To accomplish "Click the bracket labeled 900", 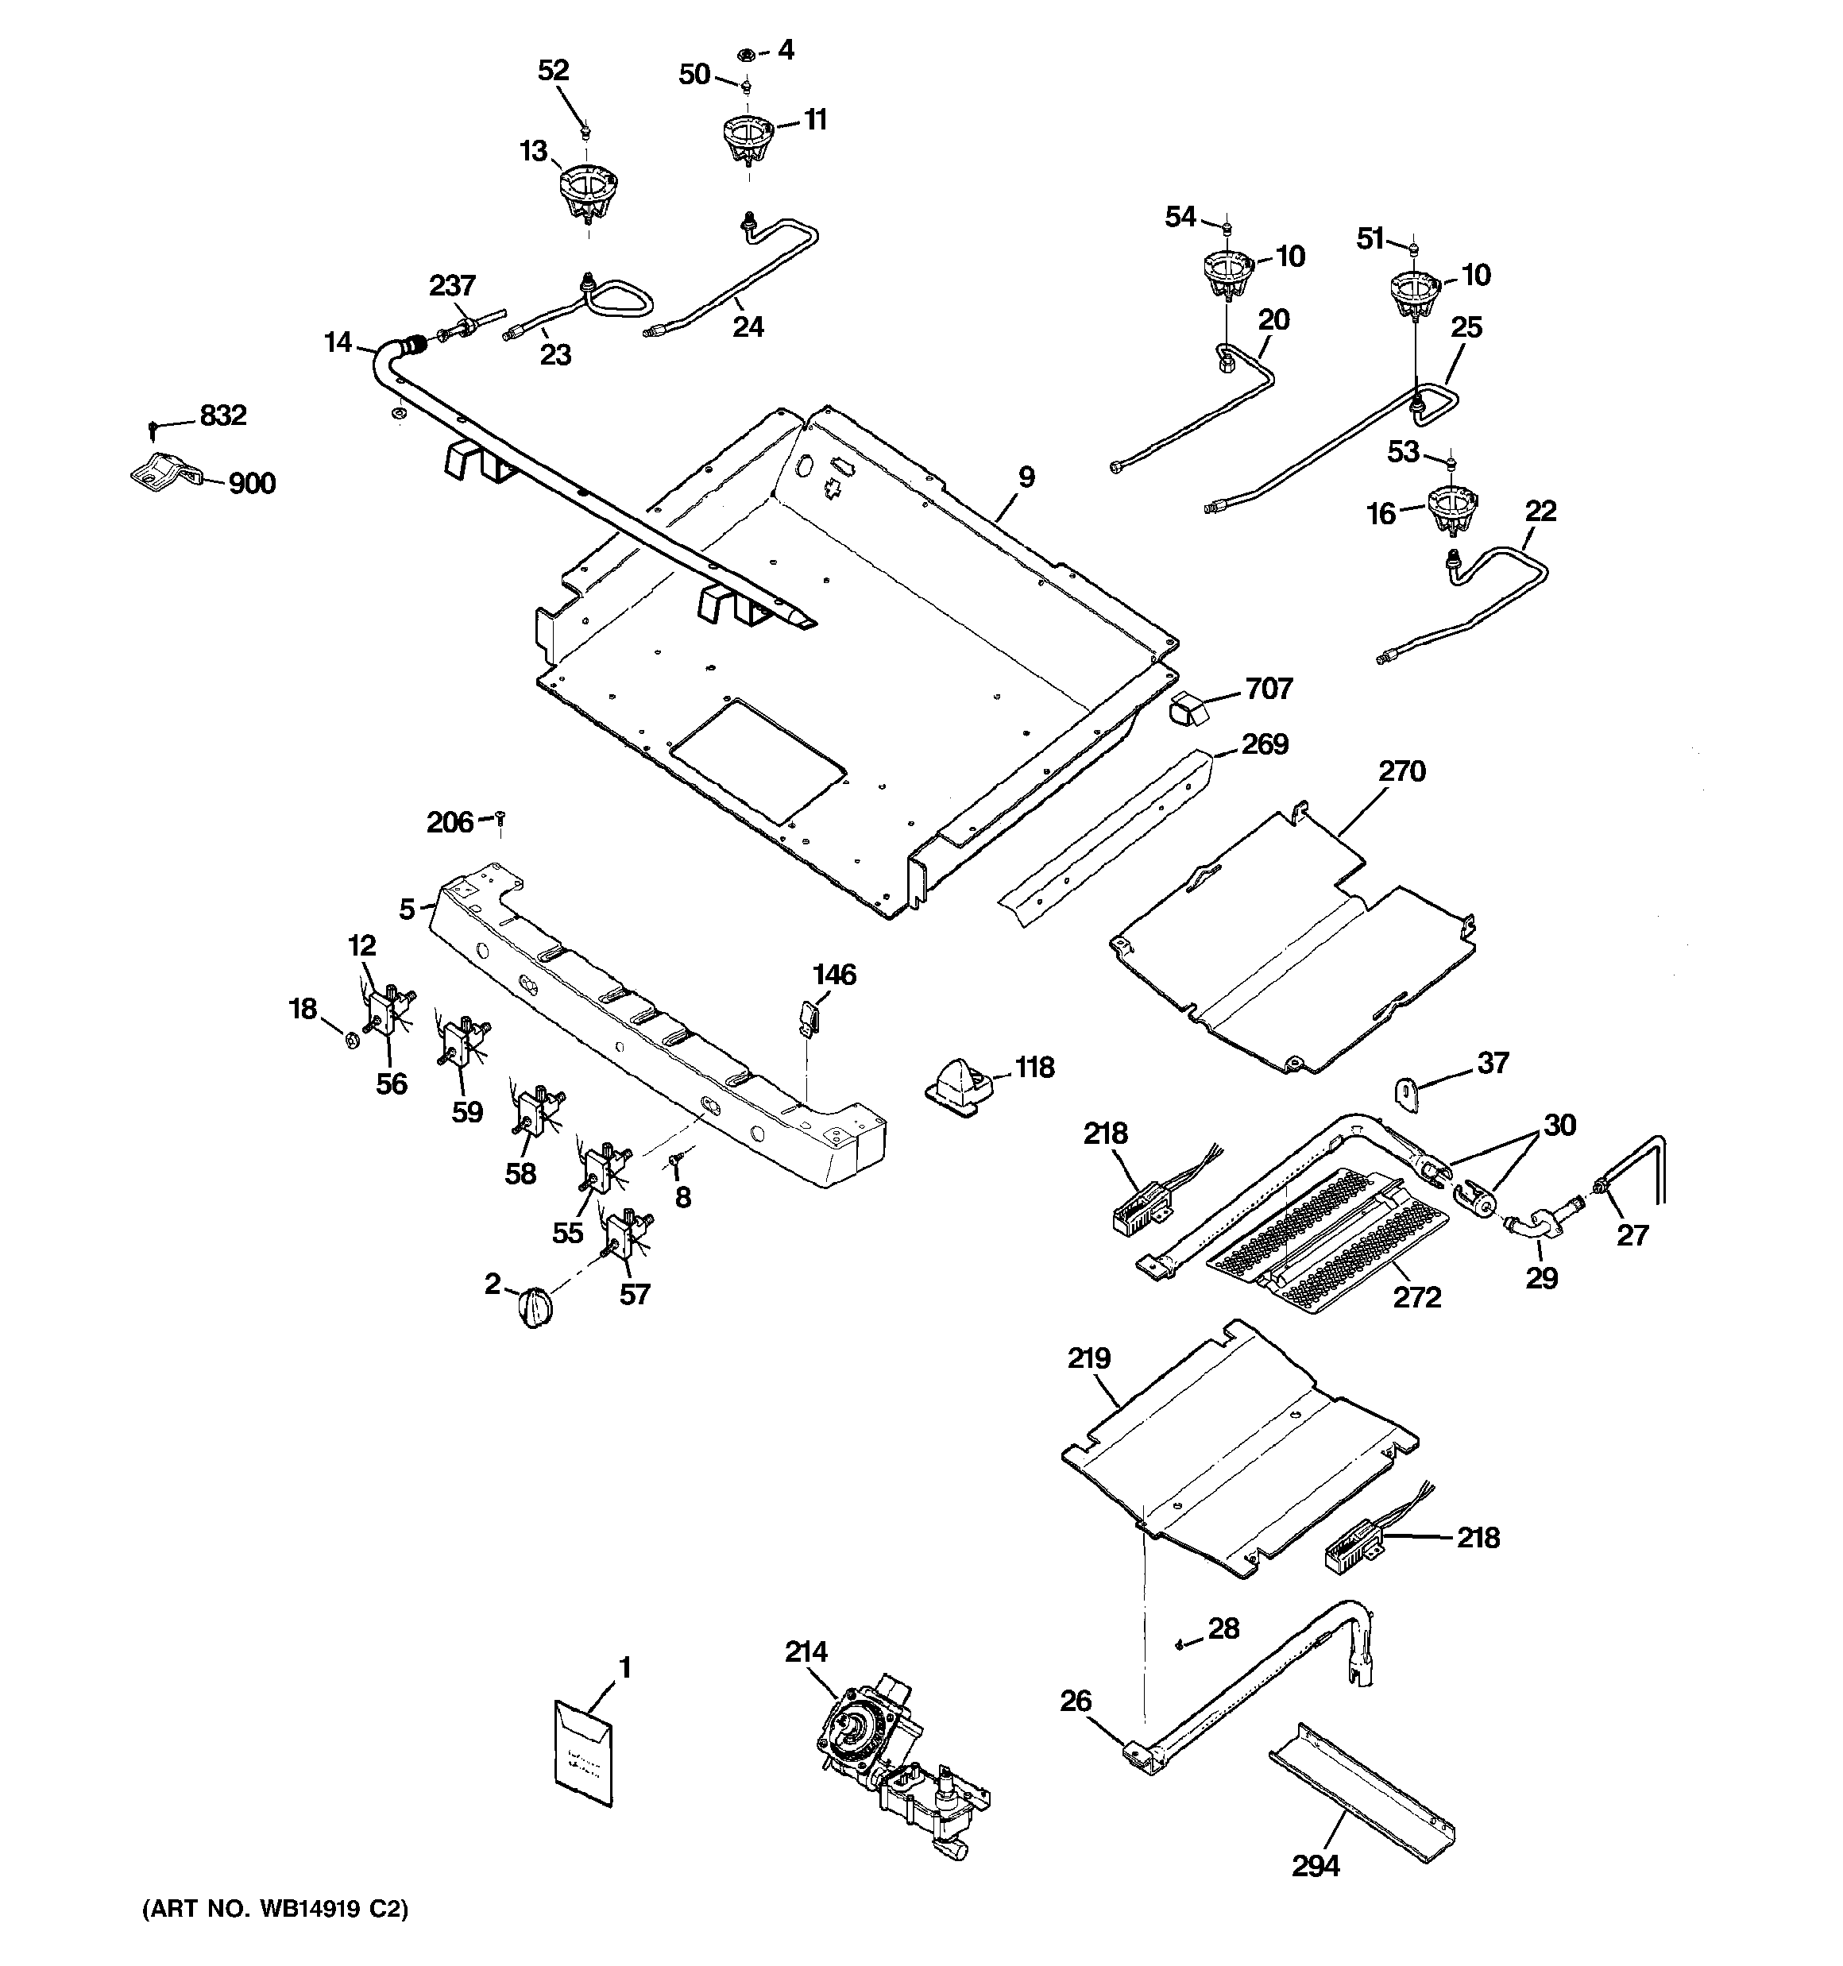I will pyautogui.click(x=163, y=473).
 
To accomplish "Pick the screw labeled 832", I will pyautogui.click(x=153, y=429).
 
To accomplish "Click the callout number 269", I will pyautogui.click(x=1265, y=744).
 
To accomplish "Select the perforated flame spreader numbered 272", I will pyautogui.click(x=1326, y=1244).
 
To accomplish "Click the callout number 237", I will pyautogui.click(x=452, y=286).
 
